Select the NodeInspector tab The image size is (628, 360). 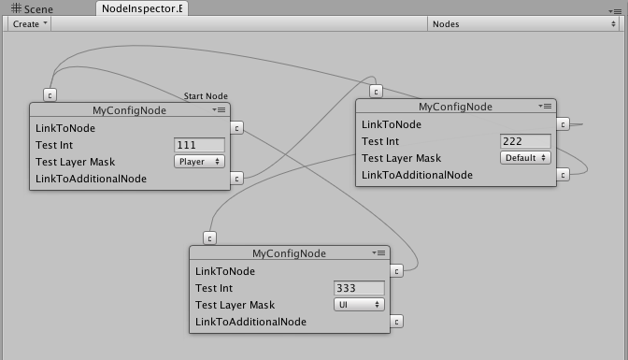point(141,8)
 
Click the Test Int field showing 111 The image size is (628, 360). point(200,145)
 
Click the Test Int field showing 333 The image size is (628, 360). point(359,288)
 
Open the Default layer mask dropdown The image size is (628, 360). point(524,158)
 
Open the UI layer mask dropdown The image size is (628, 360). point(359,305)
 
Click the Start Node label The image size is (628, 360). point(206,96)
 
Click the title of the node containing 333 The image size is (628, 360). point(289,253)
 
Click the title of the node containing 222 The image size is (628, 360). point(454,107)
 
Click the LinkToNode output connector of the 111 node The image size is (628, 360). point(237,128)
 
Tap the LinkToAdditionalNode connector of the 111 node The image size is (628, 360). point(237,178)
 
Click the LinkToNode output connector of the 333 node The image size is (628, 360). point(397,271)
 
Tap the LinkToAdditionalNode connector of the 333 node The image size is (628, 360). point(397,322)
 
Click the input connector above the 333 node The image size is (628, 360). point(210,238)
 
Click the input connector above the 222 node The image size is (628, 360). point(376,92)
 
